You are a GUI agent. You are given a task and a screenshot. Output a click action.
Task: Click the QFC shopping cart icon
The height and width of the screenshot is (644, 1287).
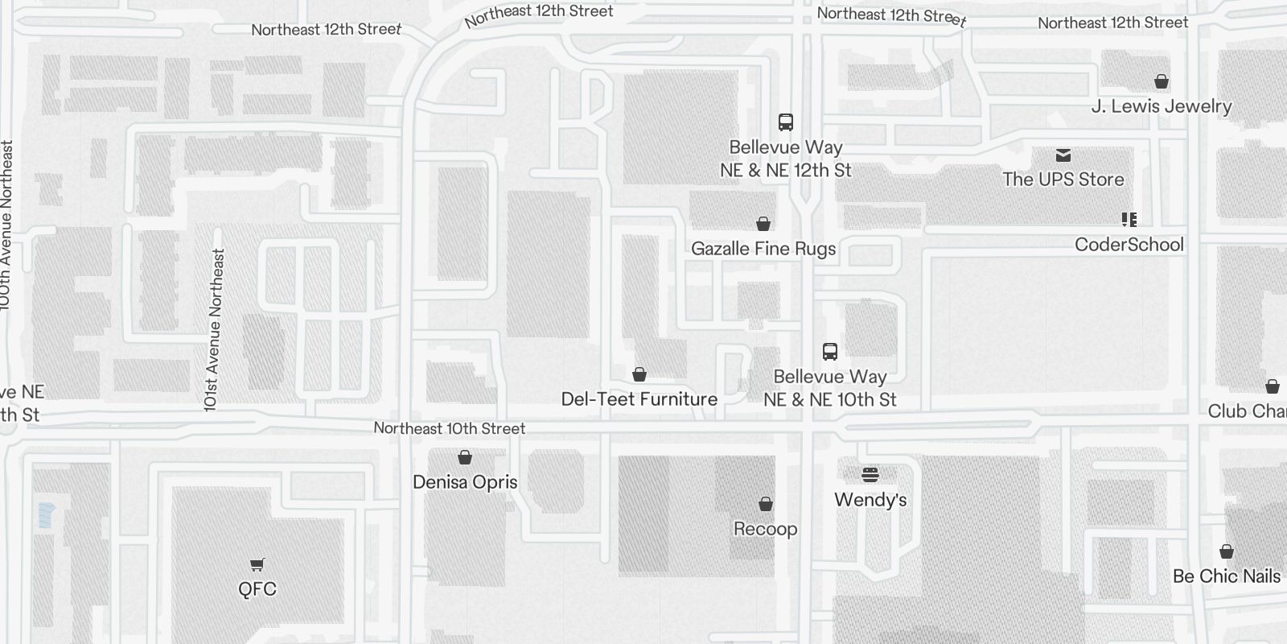(257, 564)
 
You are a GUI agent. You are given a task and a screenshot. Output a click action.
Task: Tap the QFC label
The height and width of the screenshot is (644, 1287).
(257, 589)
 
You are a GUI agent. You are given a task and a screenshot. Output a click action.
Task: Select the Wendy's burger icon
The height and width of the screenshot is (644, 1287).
(870, 474)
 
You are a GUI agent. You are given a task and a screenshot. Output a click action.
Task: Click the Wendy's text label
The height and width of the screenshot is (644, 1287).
(870, 500)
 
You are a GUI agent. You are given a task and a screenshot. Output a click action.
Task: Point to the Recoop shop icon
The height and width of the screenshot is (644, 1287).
(766, 504)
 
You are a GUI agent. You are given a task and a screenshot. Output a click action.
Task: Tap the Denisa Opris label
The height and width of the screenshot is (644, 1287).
(465, 482)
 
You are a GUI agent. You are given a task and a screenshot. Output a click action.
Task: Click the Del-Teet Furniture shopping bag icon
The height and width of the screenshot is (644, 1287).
(639, 374)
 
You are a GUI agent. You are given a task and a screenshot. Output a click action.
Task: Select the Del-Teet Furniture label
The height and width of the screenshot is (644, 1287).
(639, 399)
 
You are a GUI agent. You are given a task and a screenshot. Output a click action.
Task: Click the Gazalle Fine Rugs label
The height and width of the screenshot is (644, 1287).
(763, 249)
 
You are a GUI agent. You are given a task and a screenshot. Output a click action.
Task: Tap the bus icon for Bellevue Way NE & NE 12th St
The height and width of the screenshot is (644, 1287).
(786, 122)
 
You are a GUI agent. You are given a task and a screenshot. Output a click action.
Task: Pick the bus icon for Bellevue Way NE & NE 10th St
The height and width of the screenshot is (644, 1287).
(830, 352)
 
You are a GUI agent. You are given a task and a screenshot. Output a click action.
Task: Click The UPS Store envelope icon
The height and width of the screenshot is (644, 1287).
(1063, 155)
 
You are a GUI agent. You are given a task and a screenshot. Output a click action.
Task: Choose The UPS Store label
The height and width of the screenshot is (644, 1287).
(1063, 180)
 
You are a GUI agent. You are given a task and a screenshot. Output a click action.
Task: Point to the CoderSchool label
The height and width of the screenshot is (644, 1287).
(1129, 245)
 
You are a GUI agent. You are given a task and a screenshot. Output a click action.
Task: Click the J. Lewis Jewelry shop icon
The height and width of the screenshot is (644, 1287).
(1162, 81)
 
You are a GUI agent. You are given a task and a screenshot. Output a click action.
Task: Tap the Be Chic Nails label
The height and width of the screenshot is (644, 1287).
(1227, 576)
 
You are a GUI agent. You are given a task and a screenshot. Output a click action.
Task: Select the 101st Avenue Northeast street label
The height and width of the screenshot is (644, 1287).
(214, 330)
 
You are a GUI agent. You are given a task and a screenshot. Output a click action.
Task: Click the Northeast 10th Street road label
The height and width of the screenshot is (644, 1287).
(450, 428)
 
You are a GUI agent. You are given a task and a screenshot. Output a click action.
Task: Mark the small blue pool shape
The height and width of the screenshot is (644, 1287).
(46, 514)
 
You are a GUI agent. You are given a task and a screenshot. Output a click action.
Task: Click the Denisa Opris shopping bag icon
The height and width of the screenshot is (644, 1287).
(465, 457)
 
